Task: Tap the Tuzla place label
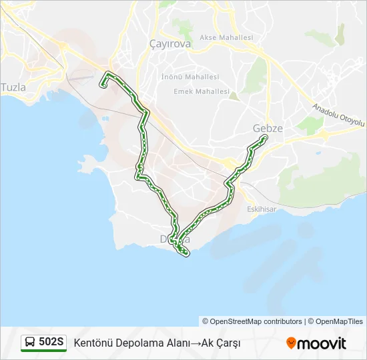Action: pos(13,87)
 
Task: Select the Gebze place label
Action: pos(268,128)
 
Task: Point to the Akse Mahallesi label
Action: pos(226,38)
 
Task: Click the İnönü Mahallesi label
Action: pos(190,77)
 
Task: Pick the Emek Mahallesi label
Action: pos(201,91)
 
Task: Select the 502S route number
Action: pos(51,343)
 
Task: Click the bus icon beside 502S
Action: pos(30,343)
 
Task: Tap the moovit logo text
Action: pos(322,343)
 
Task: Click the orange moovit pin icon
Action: pos(291,343)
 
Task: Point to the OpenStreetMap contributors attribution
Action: pos(252,321)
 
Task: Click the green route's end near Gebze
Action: pos(265,137)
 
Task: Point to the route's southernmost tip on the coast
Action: pos(187,253)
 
